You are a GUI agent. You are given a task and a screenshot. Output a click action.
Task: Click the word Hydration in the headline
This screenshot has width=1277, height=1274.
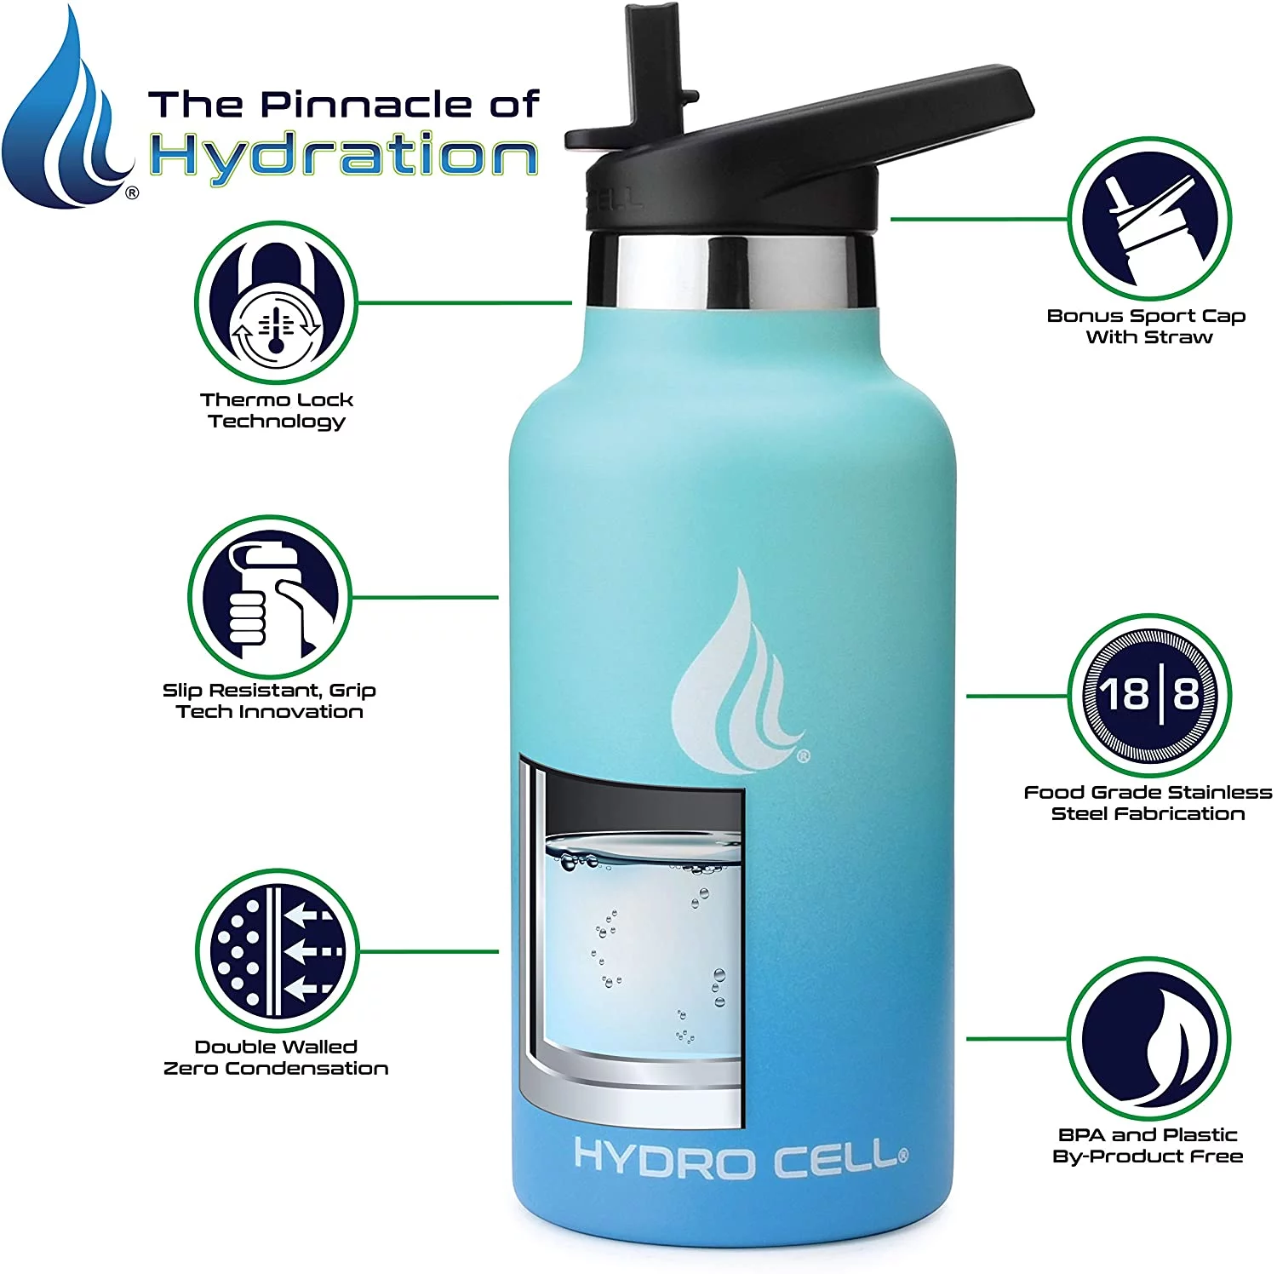tap(344, 157)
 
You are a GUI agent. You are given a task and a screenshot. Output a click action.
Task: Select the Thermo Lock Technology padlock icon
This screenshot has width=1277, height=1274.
tap(276, 304)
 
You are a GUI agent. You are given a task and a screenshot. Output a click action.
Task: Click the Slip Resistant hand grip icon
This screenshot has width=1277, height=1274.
tap(270, 597)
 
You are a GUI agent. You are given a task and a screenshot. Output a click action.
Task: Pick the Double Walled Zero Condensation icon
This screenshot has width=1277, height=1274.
tap(278, 951)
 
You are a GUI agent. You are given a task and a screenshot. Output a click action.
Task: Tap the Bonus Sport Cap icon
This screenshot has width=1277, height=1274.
tap(1148, 219)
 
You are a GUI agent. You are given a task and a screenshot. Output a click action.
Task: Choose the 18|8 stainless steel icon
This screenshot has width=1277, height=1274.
tap(1148, 696)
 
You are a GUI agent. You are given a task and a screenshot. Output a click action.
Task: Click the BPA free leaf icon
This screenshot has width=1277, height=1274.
tap(1148, 1038)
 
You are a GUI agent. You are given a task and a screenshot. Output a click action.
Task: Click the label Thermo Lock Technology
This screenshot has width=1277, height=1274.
tap(276, 410)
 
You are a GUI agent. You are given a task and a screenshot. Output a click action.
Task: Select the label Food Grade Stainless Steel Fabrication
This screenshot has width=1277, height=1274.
tap(1148, 803)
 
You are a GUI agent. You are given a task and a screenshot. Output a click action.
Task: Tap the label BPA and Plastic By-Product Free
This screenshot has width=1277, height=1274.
tap(1148, 1145)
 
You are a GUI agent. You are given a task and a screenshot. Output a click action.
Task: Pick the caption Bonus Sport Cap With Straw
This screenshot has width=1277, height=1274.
tap(1147, 326)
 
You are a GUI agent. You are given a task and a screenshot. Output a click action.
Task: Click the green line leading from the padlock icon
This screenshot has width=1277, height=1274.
tap(464, 302)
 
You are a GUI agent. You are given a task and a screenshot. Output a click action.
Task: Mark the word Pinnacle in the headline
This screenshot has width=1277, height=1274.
tap(365, 104)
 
